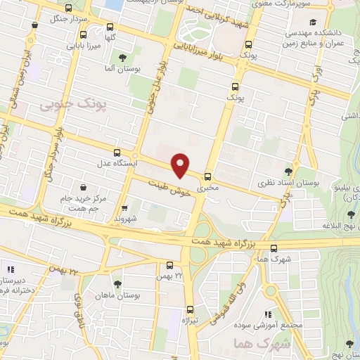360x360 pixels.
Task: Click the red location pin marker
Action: (x=181, y=164)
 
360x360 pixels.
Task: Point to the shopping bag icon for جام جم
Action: (x=85, y=188)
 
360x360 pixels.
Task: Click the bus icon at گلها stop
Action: (x=84, y=34)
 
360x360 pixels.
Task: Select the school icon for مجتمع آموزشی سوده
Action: (x=267, y=314)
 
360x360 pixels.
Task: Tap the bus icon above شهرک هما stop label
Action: (x=274, y=247)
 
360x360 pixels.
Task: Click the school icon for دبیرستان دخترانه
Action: (x=10, y=268)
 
